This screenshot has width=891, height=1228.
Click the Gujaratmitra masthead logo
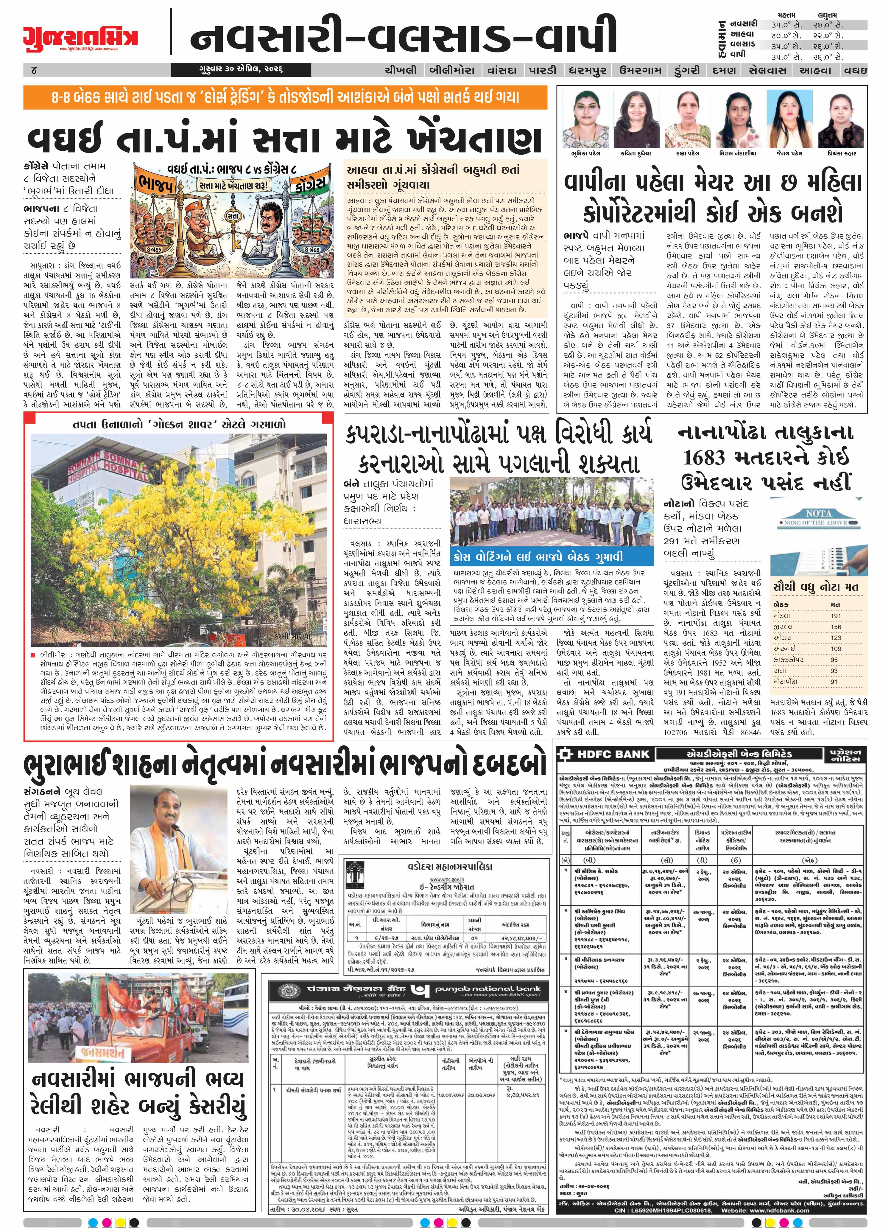click(x=80, y=38)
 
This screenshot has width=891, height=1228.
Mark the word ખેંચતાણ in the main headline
click(x=465, y=140)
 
